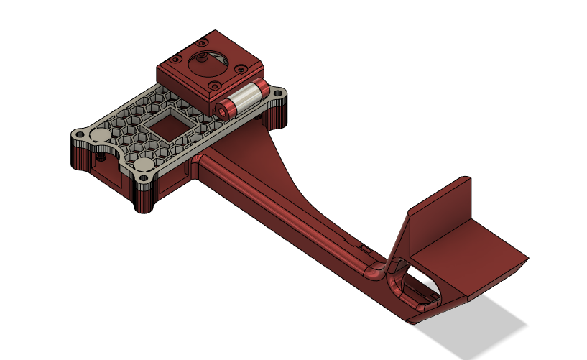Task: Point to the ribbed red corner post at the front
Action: click(144, 198)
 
